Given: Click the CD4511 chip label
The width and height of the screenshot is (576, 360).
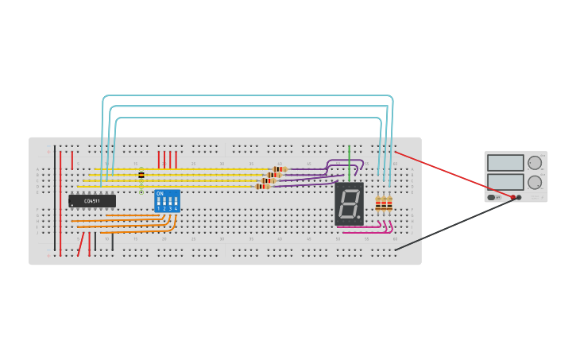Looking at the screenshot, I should point(92,201).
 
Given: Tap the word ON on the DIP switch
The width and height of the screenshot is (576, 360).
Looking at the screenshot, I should point(160,194).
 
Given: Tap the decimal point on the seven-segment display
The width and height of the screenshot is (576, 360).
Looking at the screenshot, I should point(358,217).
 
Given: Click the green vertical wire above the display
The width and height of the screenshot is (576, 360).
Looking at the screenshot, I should point(349,158).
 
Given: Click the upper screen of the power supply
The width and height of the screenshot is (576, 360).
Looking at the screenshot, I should point(505,162).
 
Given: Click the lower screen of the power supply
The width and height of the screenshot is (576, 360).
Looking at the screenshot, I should point(505,182).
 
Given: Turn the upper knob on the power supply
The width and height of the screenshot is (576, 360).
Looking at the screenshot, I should point(535,162).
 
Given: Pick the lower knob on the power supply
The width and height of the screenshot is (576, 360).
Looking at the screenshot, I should point(535,182).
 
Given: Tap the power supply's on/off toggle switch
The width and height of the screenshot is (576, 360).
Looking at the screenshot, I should point(491,197).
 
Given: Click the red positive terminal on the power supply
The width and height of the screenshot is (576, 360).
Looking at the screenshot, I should point(513,197).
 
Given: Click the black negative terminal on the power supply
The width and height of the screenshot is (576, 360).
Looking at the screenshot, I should point(520,197).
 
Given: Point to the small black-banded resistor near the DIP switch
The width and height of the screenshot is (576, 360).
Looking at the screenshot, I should point(141,175).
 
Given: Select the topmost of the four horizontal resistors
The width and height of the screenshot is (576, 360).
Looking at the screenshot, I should point(280,168).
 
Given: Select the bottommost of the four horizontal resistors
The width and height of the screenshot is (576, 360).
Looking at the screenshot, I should point(263,187).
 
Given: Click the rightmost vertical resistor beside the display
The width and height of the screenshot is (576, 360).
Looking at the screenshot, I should point(389,204).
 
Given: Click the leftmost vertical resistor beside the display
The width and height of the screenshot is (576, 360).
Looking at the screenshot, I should point(378,204).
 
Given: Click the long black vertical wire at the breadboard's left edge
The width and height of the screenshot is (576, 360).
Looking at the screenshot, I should point(55,199).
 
